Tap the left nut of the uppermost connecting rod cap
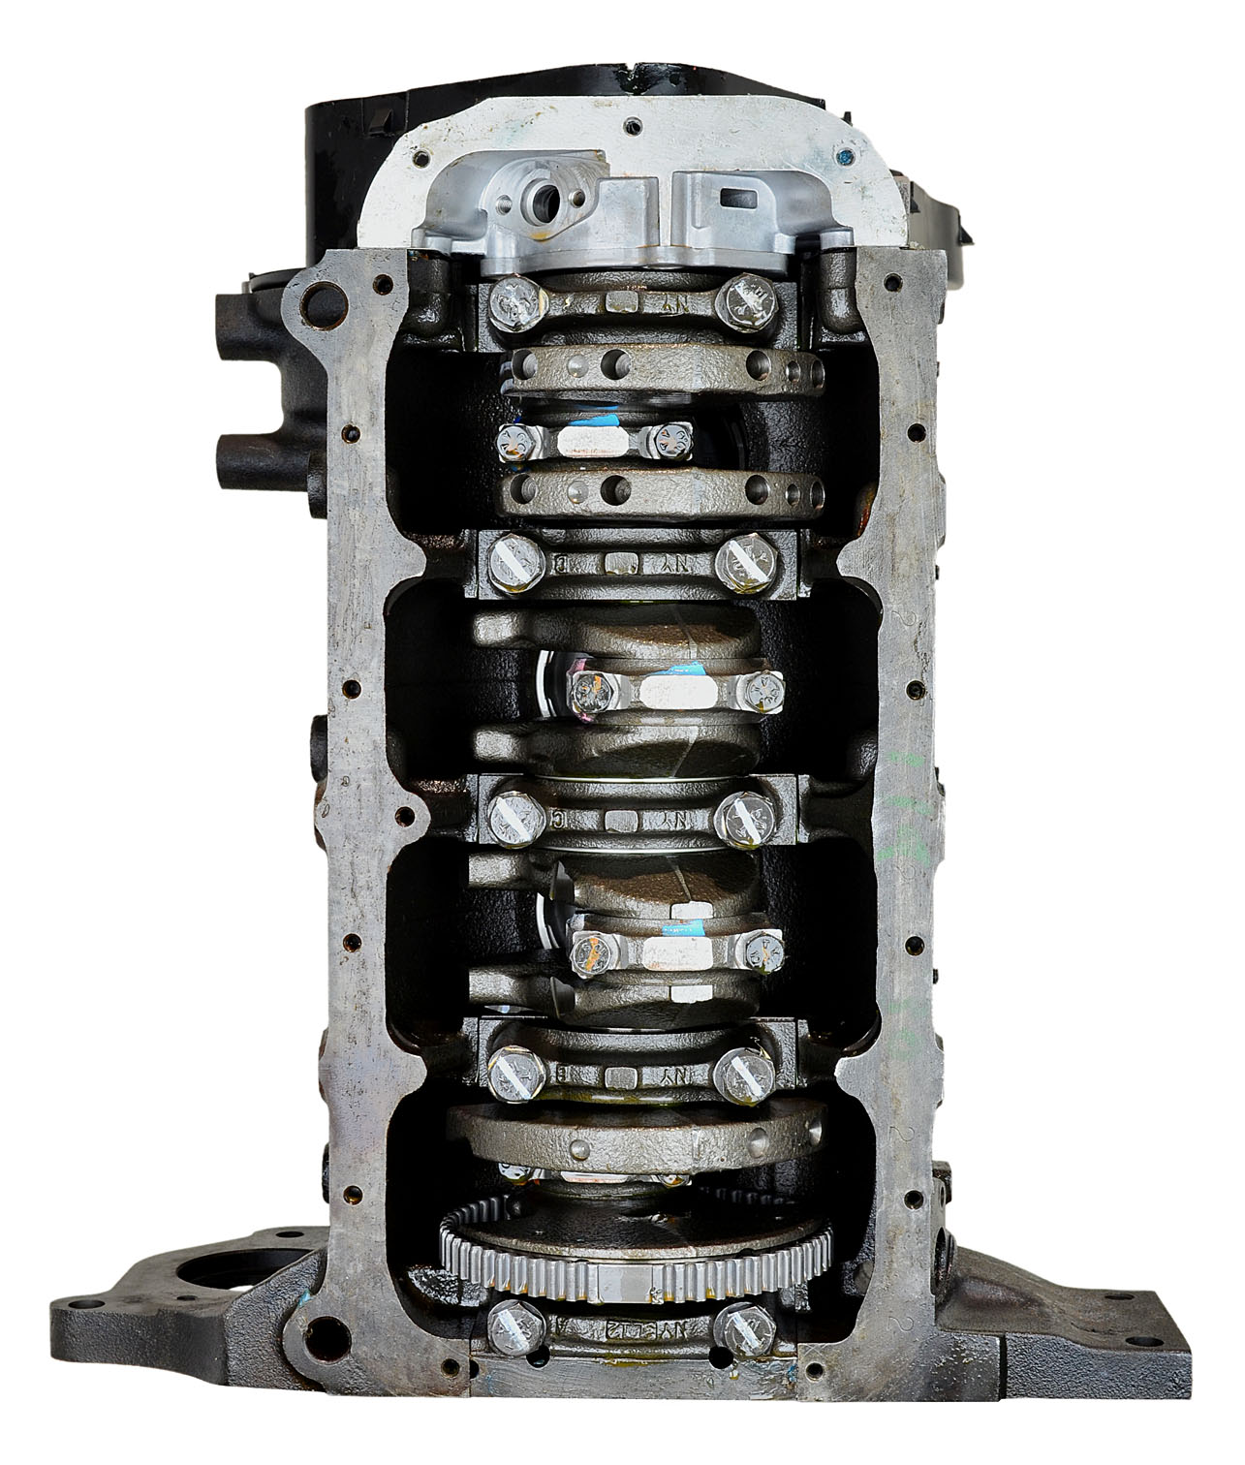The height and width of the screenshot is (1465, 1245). coord(512,442)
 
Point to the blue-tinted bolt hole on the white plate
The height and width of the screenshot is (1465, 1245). coord(846,153)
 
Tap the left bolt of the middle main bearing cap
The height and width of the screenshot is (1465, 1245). coord(509,805)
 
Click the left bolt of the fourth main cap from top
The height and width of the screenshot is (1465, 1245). coord(510,1070)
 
